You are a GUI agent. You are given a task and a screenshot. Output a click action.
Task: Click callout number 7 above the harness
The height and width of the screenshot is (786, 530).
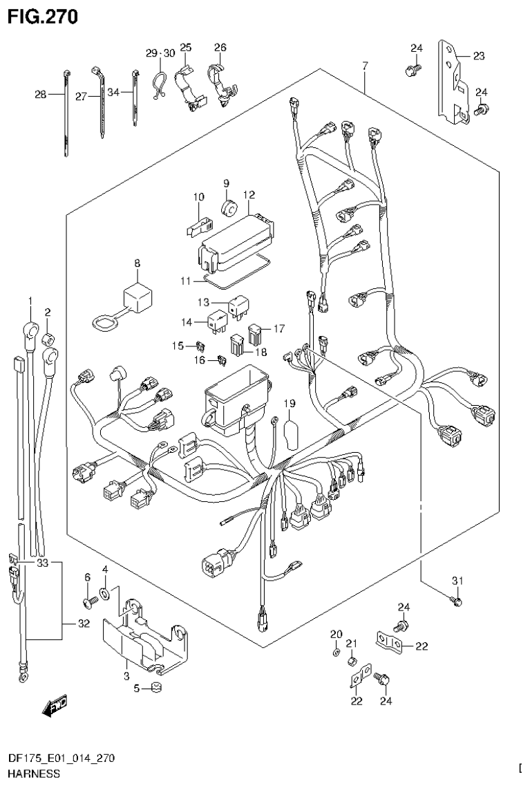point(365,66)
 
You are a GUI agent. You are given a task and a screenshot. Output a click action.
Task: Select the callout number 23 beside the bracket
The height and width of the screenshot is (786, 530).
point(479,57)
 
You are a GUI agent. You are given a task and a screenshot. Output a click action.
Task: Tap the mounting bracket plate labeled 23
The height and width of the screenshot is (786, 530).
point(453,83)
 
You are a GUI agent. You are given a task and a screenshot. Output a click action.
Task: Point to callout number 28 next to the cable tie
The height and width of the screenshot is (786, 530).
point(39,95)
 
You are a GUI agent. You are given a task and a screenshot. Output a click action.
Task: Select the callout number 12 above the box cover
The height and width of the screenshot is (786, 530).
point(249,196)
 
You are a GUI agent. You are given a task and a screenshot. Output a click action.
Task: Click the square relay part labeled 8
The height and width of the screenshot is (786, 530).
point(137,297)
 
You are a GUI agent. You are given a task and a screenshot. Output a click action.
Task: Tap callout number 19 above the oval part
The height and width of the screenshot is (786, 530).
point(289,404)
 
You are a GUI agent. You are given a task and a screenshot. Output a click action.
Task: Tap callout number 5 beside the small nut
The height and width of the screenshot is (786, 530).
point(136,688)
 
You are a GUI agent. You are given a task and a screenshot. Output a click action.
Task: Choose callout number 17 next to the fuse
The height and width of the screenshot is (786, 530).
point(278,329)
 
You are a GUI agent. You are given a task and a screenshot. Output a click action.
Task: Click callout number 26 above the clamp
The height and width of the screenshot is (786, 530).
point(220,48)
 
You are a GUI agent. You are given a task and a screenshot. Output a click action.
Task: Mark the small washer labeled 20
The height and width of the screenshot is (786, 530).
point(335,651)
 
